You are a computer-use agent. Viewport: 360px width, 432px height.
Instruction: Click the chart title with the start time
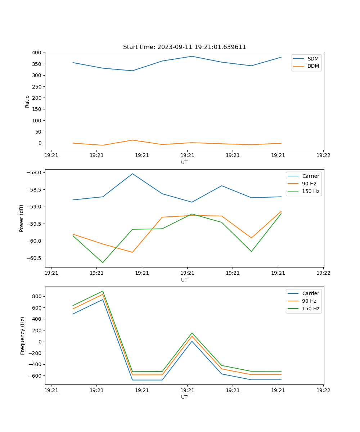click(x=184, y=47)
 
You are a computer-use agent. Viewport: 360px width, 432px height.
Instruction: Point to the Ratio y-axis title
click(x=27, y=101)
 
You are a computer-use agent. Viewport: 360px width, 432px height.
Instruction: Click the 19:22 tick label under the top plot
click(x=323, y=156)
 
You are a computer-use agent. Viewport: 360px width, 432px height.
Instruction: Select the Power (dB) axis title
click(x=22, y=218)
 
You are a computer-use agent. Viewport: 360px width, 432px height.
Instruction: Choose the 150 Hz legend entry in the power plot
click(x=311, y=191)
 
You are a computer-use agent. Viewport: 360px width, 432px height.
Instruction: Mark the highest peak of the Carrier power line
click(x=132, y=174)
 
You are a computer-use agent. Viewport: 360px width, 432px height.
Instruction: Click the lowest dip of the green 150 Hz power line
click(x=103, y=262)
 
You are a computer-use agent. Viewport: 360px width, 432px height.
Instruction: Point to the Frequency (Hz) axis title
click(x=23, y=336)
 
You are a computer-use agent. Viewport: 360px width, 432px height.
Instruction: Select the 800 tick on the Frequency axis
click(x=37, y=296)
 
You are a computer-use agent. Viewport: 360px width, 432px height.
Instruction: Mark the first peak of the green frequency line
click(x=103, y=291)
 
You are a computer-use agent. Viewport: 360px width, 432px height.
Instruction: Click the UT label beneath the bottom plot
click(x=184, y=397)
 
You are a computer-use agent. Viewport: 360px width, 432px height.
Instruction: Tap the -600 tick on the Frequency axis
click(x=36, y=375)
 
